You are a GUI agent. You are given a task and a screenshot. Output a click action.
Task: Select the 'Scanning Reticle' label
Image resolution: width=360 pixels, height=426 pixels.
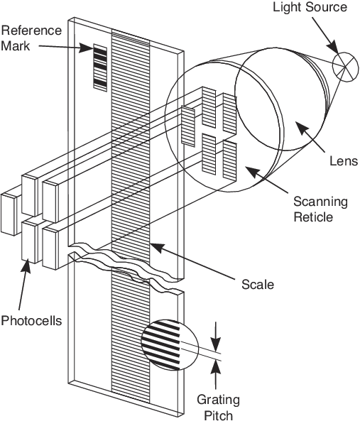pos(321,209)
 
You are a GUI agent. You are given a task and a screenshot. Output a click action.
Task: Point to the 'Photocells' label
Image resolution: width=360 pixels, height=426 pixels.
pos(31,320)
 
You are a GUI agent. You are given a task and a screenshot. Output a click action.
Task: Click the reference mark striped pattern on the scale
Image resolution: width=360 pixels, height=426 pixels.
pos(100,67)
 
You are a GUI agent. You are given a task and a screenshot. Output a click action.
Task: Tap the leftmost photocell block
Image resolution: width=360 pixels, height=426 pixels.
pos(11,214)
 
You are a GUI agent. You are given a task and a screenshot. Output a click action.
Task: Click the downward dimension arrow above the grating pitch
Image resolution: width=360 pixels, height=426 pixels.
pos(217,332)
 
